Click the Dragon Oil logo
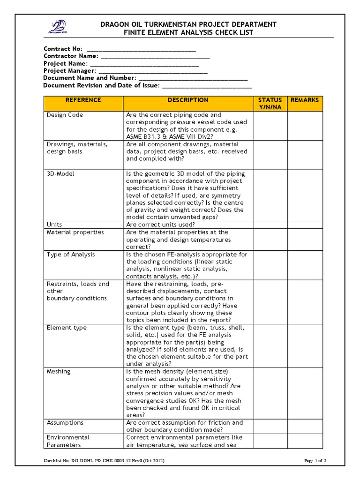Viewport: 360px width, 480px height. [x=58, y=27]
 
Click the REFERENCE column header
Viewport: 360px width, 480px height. [x=83, y=100]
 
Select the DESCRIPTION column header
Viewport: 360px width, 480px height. [x=188, y=100]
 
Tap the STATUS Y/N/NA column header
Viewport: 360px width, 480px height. [x=270, y=104]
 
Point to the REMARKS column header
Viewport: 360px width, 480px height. [x=305, y=100]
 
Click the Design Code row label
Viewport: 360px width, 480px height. [x=65, y=115]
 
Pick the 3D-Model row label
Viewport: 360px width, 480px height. [x=60, y=174]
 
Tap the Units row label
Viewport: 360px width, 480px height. [x=54, y=225]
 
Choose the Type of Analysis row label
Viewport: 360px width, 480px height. [x=71, y=255]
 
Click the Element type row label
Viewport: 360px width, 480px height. [x=67, y=328]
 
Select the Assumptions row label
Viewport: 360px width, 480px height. [x=65, y=423]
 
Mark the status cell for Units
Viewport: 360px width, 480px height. [x=270, y=225]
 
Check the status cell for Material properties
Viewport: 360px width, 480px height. [x=270, y=240]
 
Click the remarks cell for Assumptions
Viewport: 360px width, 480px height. [x=305, y=426]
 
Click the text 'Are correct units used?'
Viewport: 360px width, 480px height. [x=160, y=225]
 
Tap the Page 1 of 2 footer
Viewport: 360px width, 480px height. [x=315, y=461]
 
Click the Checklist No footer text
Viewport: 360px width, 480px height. [x=104, y=461]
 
